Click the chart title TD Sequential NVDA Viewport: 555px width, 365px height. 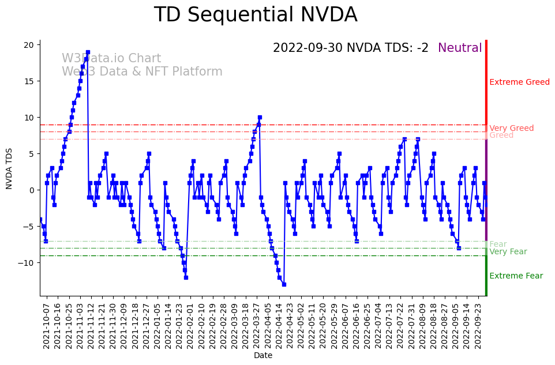pos(256,15)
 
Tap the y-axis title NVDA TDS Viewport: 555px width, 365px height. pos(9,168)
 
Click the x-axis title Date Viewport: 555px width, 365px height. pos(263,356)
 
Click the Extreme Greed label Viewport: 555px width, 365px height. pos(519,82)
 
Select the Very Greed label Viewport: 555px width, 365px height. pos(511,129)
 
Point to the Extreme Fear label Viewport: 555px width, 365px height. pos(516,276)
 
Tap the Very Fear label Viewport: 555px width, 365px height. pos(508,252)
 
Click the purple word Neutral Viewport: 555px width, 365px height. pos(460,48)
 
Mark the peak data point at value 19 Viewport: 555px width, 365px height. pos(88,52)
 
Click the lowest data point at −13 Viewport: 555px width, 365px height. pos(284,284)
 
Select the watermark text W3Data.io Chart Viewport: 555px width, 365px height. pos(111,59)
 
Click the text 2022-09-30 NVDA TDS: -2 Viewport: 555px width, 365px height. pos(351,48)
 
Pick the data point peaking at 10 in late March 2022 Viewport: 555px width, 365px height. pos(260,117)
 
